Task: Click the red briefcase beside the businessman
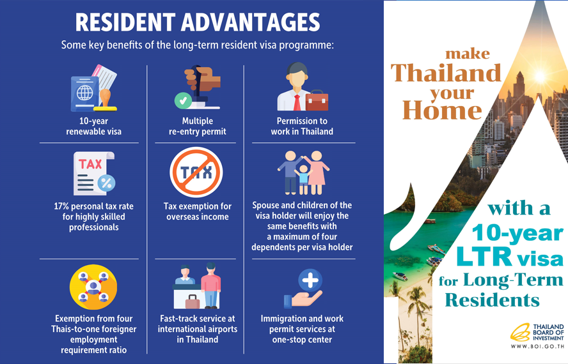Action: [x=317, y=100]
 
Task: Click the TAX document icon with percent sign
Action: [x=93, y=173]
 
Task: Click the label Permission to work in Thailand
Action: [x=302, y=126]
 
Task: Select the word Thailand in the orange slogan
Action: [x=446, y=73]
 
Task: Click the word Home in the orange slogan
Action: [x=442, y=111]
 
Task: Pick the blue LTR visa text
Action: [x=509, y=257]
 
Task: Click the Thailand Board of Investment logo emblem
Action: [x=519, y=333]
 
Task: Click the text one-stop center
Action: [x=302, y=340]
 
